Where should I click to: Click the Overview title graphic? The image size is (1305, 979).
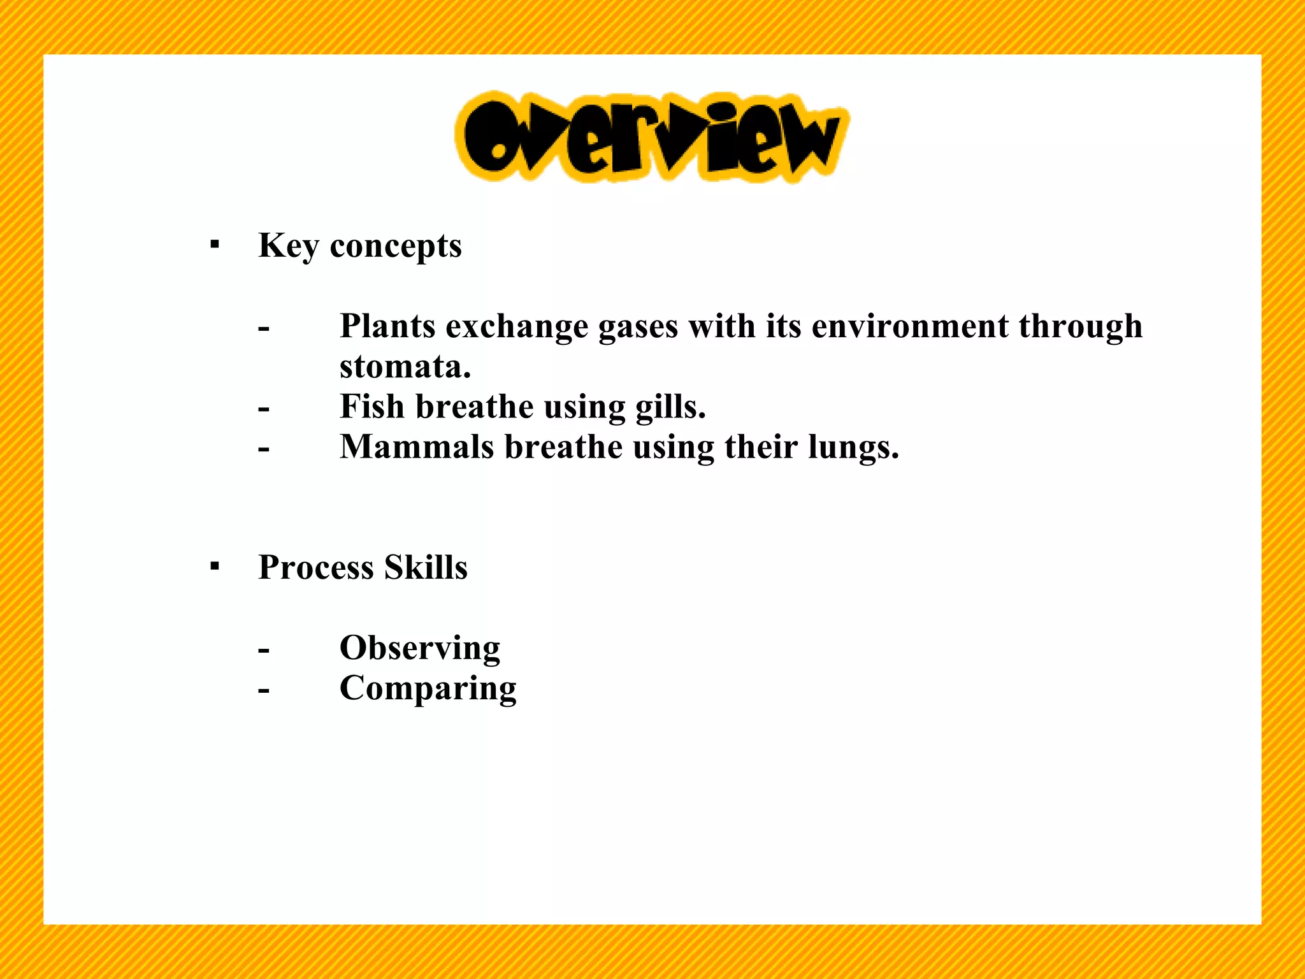[x=651, y=136]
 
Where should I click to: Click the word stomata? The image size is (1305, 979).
[x=405, y=366]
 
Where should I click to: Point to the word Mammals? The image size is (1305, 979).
[x=417, y=447]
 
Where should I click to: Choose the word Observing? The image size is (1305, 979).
[x=420, y=648]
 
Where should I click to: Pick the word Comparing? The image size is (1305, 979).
[x=428, y=689]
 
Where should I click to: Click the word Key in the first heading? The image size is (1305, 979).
[x=288, y=247]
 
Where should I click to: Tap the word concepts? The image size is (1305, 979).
[x=396, y=247]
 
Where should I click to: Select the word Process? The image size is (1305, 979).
[x=315, y=567]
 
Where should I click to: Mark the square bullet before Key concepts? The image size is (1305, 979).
[x=215, y=244]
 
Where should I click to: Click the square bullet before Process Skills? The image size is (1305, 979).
[x=215, y=565]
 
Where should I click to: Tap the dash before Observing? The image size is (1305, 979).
[x=264, y=650]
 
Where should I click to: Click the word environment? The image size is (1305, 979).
[x=910, y=326]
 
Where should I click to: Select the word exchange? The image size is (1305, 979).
[x=517, y=327]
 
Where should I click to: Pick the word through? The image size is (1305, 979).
[x=1081, y=327]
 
